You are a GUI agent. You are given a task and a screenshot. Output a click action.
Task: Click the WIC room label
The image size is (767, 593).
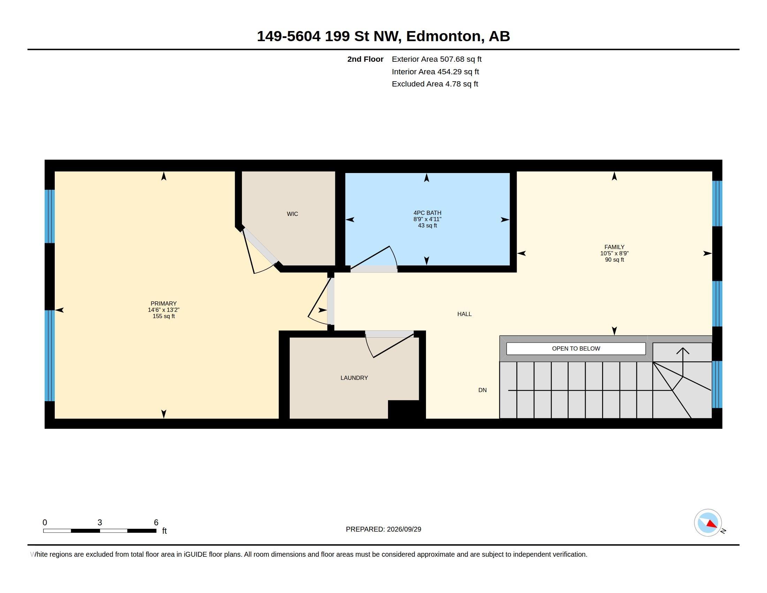point(292,214)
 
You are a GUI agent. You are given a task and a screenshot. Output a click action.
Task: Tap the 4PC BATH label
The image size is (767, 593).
point(427,213)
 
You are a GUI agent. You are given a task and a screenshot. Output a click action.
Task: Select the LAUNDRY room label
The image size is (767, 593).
point(354,378)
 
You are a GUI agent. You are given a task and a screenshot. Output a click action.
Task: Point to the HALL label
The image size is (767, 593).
point(464,314)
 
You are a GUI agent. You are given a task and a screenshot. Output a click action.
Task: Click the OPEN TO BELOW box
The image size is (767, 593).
point(576,348)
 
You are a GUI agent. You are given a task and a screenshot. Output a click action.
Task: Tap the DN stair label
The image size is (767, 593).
point(482,390)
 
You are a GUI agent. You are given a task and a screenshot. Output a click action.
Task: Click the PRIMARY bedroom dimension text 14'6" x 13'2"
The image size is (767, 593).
point(164,310)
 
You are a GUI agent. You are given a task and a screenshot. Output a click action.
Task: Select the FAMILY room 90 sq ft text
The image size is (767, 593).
point(614,260)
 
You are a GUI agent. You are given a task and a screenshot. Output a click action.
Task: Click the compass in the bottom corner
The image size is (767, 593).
point(708,523)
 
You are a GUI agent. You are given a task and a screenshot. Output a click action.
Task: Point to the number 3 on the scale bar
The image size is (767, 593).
point(100,523)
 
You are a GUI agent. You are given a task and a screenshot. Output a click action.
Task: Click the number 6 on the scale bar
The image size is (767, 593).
point(156,523)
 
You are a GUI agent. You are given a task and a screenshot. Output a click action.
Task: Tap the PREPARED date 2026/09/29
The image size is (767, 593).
point(404,529)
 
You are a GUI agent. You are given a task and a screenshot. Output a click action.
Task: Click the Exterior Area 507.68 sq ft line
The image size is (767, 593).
point(436,59)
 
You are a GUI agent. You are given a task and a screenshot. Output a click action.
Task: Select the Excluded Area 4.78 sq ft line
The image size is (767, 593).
point(435,84)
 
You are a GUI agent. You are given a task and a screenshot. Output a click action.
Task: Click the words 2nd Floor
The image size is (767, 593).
point(365,59)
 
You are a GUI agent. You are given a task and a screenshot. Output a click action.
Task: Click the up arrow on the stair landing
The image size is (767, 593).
point(683,362)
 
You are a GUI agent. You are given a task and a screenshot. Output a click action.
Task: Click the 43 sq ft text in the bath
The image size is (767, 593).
point(427,226)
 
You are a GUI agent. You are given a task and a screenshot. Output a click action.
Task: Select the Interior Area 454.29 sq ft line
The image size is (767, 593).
point(435,72)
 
